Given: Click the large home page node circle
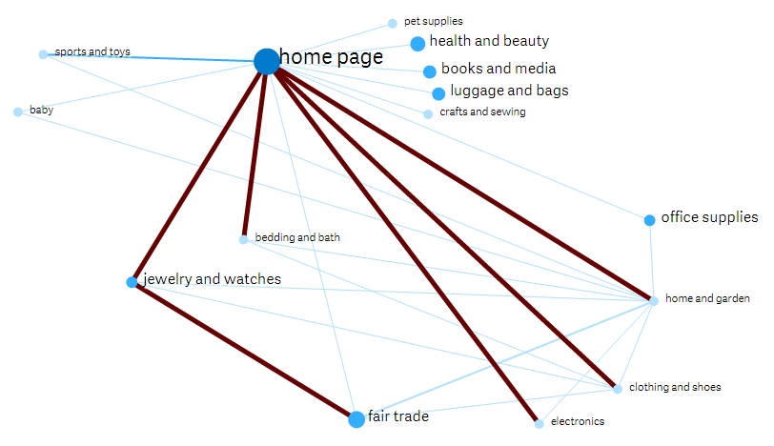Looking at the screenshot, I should [x=267, y=61].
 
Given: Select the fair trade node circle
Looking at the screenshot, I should [x=356, y=418].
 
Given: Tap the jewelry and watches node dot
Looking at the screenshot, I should [x=132, y=282].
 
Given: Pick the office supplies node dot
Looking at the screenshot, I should [x=649, y=220].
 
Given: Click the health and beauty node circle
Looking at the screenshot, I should [x=418, y=43].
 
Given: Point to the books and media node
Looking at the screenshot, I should [x=430, y=71].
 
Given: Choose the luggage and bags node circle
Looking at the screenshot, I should [x=438, y=93].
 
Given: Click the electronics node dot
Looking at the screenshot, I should [x=539, y=423].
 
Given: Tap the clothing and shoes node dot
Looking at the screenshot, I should [x=618, y=389].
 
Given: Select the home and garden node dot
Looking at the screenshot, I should [x=654, y=301].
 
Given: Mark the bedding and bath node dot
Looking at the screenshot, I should [x=243, y=239].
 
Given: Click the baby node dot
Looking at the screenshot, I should [x=18, y=112].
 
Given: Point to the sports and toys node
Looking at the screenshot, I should [x=43, y=54].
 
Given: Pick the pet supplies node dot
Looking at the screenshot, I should [x=393, y=23].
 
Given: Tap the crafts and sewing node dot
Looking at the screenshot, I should [x=428, y=114].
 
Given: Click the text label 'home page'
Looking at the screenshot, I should [x=332, y=58].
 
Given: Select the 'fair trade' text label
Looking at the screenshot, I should [x=398, y=416].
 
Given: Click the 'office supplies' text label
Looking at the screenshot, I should [x=709, y=218].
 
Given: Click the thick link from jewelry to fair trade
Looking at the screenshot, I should [x=244, y=351].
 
